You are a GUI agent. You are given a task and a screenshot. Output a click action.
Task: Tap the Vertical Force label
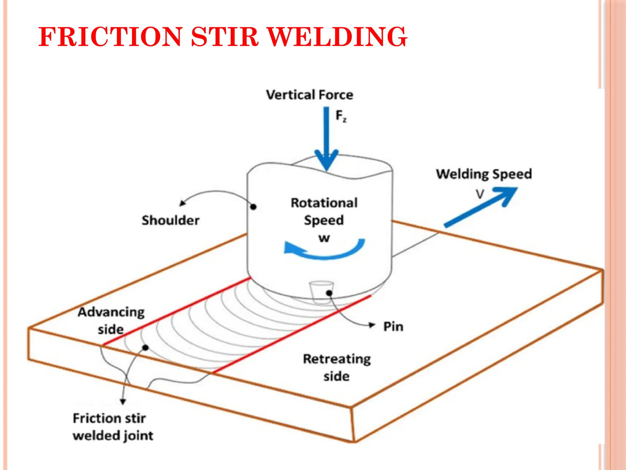pos(309,95)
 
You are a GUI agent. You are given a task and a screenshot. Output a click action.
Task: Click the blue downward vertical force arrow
pos(326,138)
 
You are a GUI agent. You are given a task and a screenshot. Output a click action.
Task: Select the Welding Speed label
pos(484,174)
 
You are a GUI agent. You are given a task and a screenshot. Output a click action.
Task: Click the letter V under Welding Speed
pos(480,194)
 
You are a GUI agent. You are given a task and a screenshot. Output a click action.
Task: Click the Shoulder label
pos(171,220)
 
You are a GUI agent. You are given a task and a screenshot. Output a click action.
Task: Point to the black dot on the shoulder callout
pos(253,207)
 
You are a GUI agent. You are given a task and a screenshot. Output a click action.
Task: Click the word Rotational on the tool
pos(324,203)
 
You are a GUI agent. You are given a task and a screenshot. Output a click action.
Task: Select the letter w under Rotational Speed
pos(324,238)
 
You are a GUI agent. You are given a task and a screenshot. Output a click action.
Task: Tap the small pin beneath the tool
pos(321,291)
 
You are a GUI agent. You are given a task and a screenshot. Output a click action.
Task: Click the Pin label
pos(393,327)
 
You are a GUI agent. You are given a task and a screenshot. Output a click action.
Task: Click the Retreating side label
pos(337,367)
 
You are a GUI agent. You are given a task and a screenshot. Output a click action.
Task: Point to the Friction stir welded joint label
pos(112,427)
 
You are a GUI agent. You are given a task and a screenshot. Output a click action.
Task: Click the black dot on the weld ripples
pos(146,348)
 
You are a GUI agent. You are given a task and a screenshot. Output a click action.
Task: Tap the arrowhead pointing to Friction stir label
pos(123,401)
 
